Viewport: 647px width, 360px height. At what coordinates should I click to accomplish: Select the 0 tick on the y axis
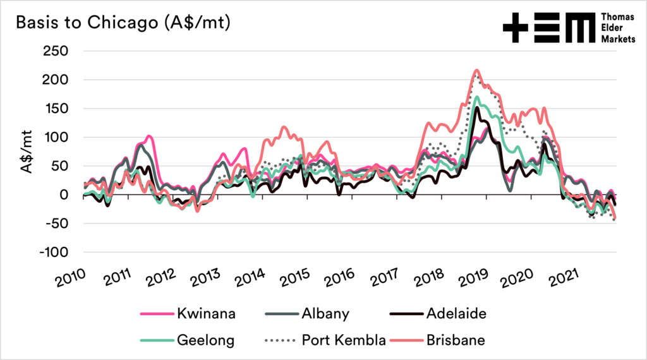[x=65, y=195]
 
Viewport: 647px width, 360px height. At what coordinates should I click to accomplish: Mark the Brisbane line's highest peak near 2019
[x=476, y=70]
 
